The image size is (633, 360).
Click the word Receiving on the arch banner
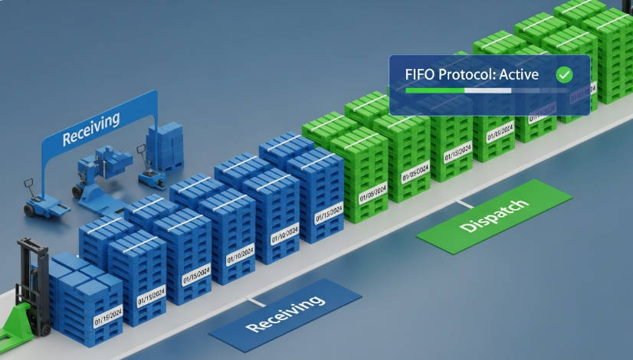tap(91, 128)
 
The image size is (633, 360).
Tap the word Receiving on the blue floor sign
tap(285, 313)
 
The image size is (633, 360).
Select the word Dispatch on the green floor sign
tap(494, 216)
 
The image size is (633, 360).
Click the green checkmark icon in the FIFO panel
tap(564, 74)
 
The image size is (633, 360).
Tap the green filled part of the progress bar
tap(434, 90)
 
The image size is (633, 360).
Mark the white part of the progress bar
tap(488, 90)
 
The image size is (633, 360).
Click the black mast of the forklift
tap(31, 268)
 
